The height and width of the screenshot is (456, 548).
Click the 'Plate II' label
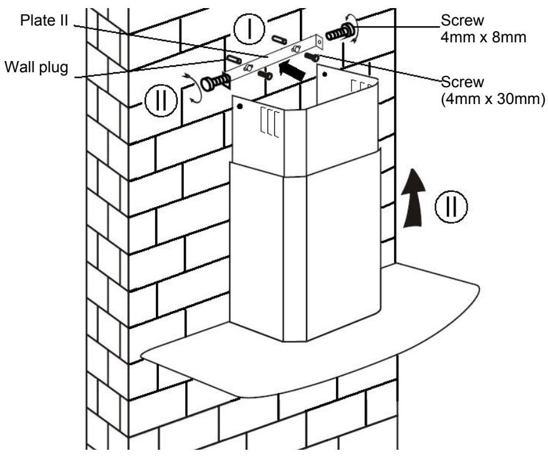tap(44, 21)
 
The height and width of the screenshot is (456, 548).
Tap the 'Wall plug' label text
tap(36, 67)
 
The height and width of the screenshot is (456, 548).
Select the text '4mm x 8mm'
tap(483, 37)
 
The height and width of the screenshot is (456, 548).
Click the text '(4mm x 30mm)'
tap(493, 99)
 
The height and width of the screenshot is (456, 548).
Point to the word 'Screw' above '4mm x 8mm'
tap(463, 21)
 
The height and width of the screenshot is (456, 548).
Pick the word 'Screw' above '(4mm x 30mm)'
tap(463, 82)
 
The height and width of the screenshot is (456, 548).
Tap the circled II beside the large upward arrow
tap(451, 207)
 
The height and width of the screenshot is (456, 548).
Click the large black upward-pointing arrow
tap(413, 198)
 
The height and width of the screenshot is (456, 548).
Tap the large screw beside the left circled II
tap(214, 83)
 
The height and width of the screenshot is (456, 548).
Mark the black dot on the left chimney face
tap(240, 107)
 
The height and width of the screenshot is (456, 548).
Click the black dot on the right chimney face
tap(325, 74)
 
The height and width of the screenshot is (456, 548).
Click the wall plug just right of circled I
tap(279, 39)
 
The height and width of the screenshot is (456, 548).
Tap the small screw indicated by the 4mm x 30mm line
tap(312, 57)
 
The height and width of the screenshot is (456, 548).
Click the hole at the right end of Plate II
tap(319, 42)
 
